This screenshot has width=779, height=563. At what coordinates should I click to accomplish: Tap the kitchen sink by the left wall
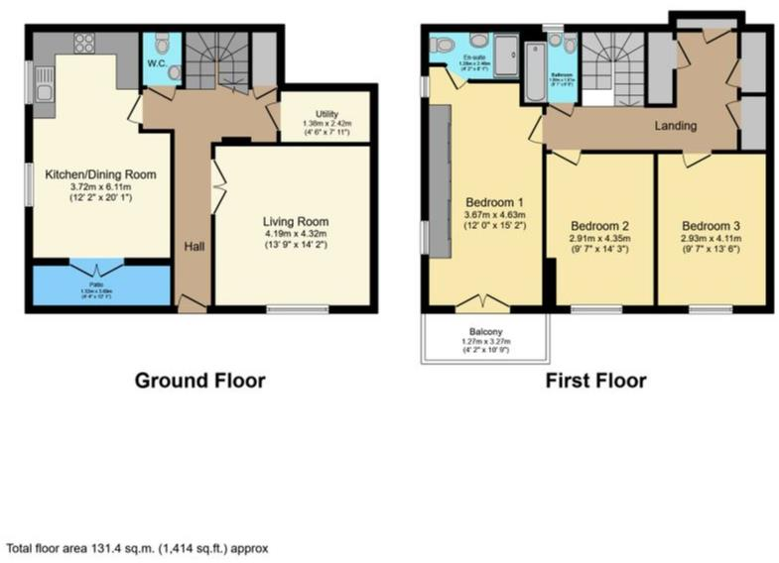tap(43, 94)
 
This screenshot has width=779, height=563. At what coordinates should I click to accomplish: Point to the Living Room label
tap(295, 220)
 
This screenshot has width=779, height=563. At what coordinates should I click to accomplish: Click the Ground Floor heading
tap(199, 380)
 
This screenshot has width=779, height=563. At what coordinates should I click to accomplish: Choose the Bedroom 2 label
tap(602, 225)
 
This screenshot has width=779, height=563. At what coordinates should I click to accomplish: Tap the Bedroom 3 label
tap(711, 225)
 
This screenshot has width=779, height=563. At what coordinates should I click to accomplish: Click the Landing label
tap(675, 126)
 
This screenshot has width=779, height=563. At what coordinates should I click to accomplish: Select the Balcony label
tap(484, 333)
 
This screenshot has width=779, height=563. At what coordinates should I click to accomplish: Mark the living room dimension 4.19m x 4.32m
tap(295, 234)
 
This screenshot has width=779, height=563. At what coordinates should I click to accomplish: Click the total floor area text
tap(138, 546)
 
